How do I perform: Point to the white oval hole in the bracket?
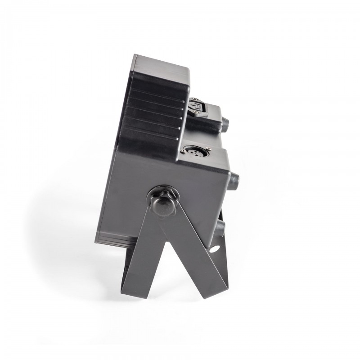pos(215,248)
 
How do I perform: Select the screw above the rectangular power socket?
pos(193,99)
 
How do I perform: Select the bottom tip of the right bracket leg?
pos(211,299)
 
